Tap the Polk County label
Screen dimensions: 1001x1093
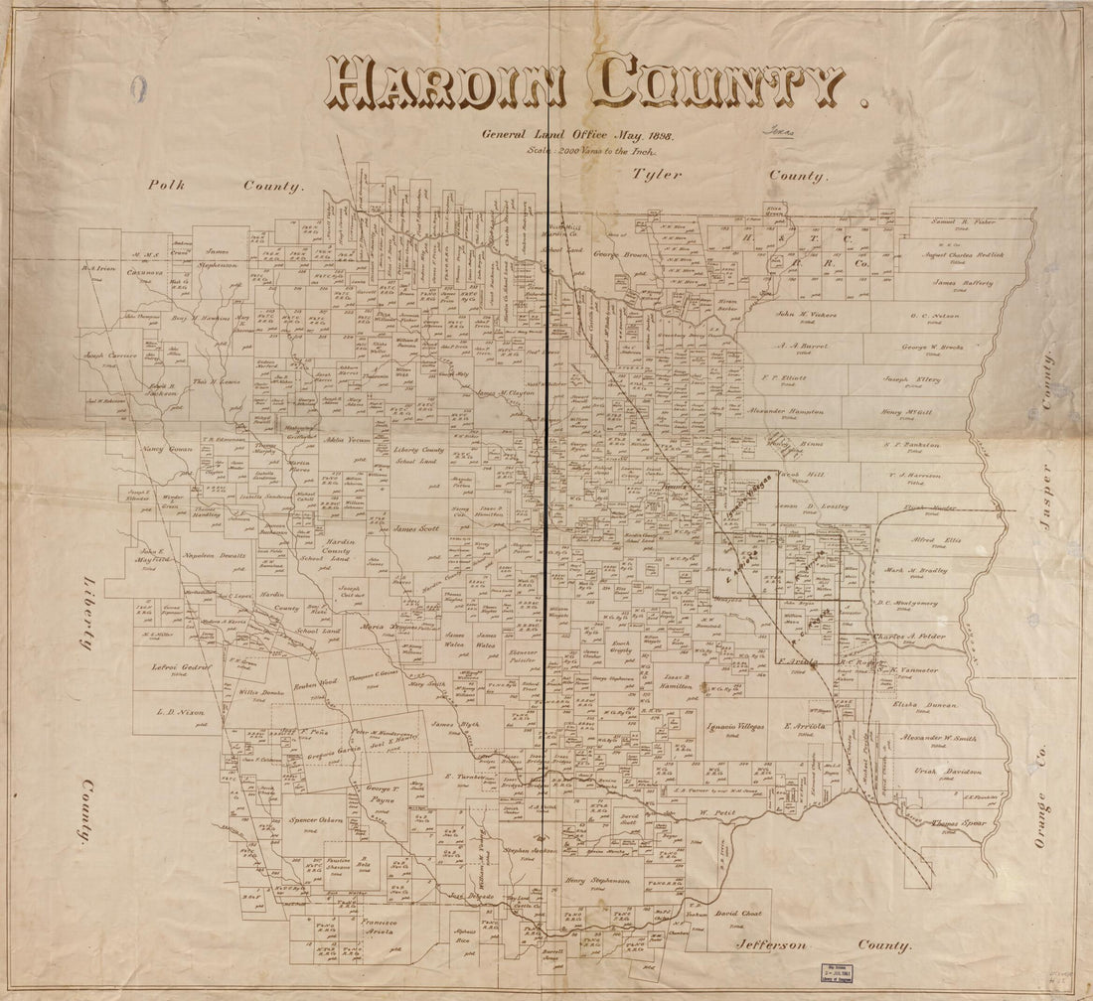click(x=225, y=185)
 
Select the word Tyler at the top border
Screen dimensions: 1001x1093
click(x=658, y=175)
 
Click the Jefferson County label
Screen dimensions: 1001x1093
click(x=823, y=946)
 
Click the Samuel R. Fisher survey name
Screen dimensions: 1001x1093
click(x=964, y=221)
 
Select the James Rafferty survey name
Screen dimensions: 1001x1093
click(x=964, y=282)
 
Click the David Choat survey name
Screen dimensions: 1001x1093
click(x=737, y=912)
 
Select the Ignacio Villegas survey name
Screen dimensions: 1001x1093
click(x=735, y=727)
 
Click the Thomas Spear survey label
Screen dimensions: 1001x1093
click(x=960, y=823)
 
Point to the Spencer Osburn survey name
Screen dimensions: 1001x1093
click(x=316, y=821)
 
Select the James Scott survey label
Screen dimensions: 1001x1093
click(x=416, y=528)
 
